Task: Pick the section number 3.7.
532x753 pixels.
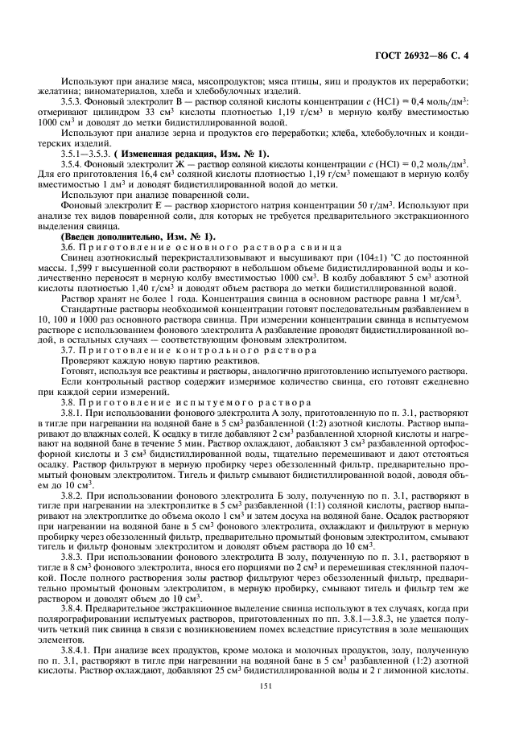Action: coord(70,350)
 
